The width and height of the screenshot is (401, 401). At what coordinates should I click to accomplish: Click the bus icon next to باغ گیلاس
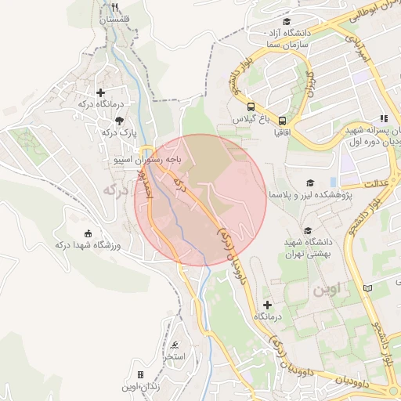coord(250,107)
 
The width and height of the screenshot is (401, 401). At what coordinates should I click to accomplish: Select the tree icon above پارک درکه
coord(118,121)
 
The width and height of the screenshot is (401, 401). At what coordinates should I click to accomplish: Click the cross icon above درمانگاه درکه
coord(100,92)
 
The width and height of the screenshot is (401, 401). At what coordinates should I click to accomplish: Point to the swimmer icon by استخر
coord(175,345)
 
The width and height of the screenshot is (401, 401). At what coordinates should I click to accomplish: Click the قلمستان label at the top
coord(115,17)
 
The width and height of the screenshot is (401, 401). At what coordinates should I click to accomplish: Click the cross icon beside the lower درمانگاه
coord(268,303)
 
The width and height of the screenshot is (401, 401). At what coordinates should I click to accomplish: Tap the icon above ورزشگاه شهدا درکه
coord(88,233)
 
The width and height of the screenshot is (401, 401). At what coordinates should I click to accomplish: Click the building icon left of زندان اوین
coord(140,375)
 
